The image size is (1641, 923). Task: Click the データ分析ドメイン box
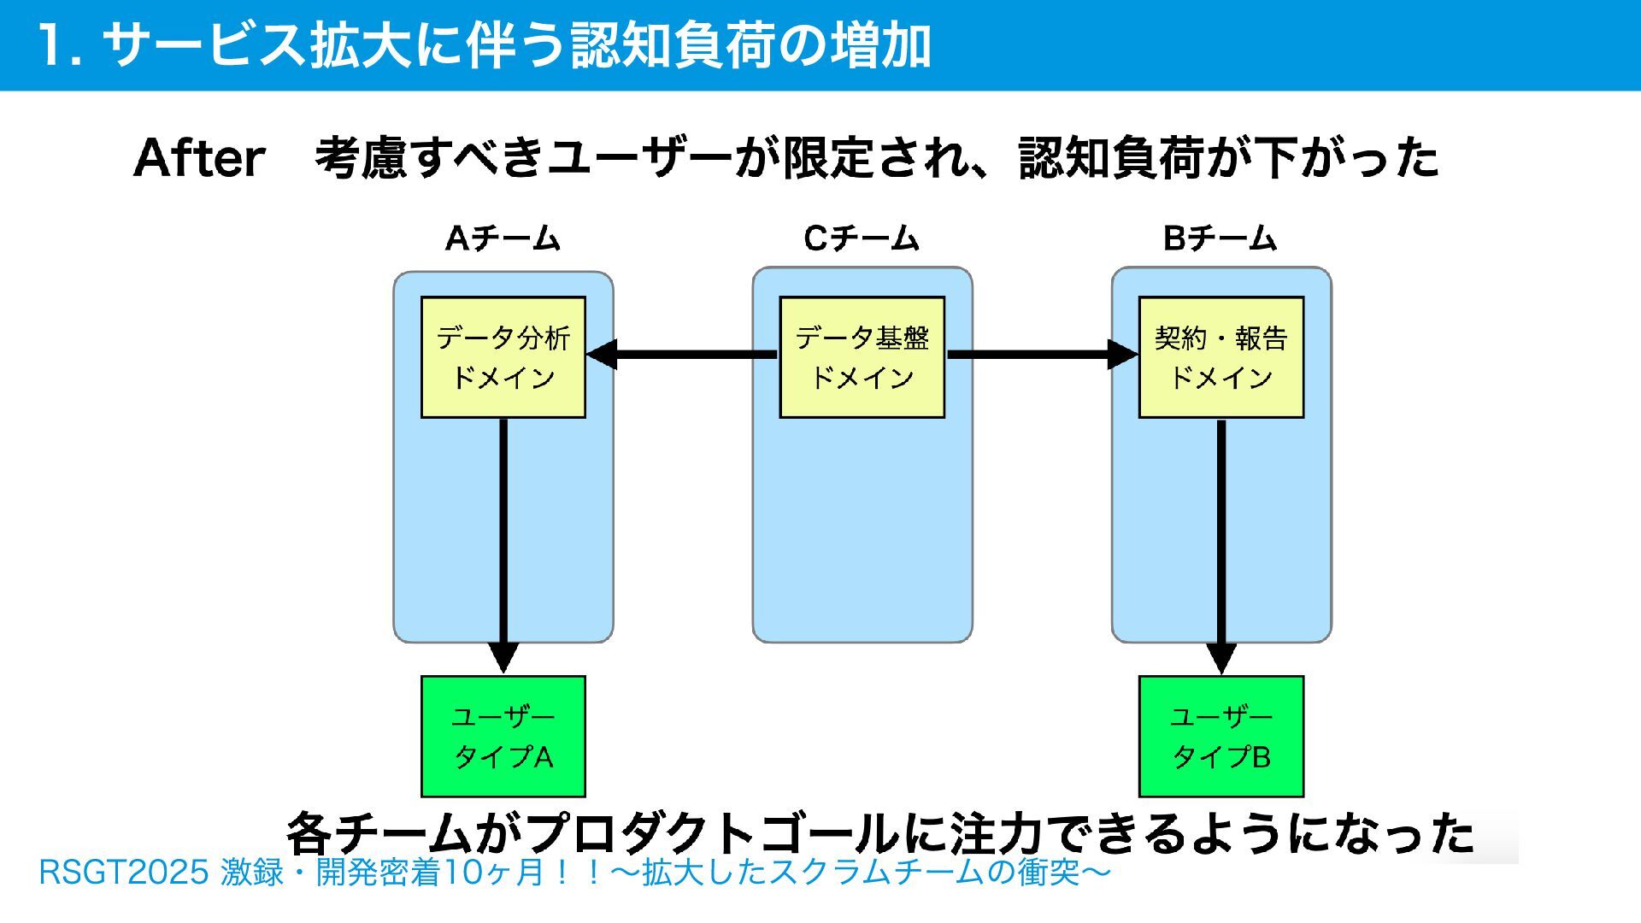coord(503,357)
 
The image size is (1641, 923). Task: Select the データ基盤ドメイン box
coord(862,357)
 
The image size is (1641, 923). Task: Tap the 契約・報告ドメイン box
coord(1221,357)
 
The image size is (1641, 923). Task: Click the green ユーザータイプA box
coord(503,736)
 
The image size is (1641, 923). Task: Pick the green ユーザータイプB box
coord(1221,736)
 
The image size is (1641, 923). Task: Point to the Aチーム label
coord(503,238)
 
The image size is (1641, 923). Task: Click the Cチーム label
coord(862,238)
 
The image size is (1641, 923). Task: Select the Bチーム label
coord(1220,238)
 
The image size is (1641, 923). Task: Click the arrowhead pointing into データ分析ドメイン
coord(602,355)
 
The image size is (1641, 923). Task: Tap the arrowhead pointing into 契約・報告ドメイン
coord(1123,355)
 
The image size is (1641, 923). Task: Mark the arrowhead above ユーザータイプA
coord(503,658)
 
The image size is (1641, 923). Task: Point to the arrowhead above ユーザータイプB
coord(1221,658)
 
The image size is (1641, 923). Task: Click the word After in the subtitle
coord(199,158)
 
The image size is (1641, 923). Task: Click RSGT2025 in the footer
coord(124,873)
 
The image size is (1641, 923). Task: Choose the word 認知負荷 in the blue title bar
coord(673,44)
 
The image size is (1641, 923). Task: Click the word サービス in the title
coord(204,44)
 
